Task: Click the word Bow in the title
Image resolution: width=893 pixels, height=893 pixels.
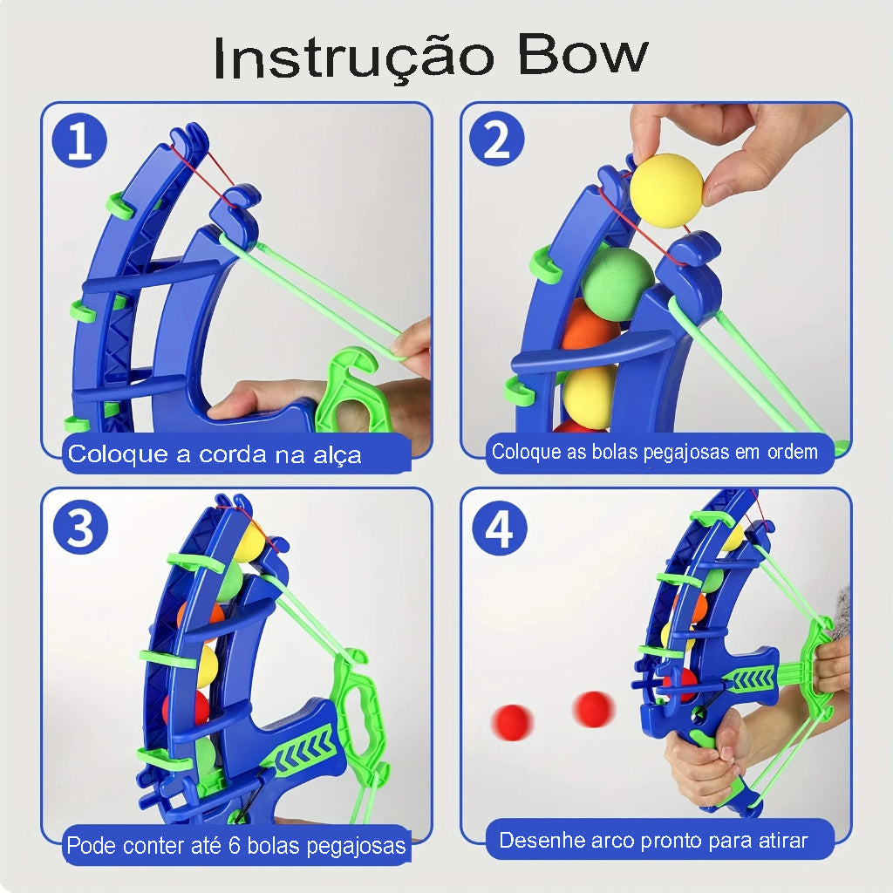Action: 583,55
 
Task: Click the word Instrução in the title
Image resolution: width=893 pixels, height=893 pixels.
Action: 353,59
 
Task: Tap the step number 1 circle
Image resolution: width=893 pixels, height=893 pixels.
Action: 79,140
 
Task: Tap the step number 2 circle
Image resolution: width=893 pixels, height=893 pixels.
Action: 496,139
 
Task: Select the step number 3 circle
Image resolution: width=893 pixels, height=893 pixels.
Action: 80,528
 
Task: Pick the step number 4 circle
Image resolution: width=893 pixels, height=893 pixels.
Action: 500,528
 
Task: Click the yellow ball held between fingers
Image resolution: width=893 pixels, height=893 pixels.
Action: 666,191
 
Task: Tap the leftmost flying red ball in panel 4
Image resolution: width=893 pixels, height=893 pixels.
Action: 512,722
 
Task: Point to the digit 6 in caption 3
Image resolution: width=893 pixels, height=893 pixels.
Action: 234,845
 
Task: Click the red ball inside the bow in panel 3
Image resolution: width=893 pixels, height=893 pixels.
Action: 188,707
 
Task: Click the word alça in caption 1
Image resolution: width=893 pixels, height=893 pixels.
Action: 337,455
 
